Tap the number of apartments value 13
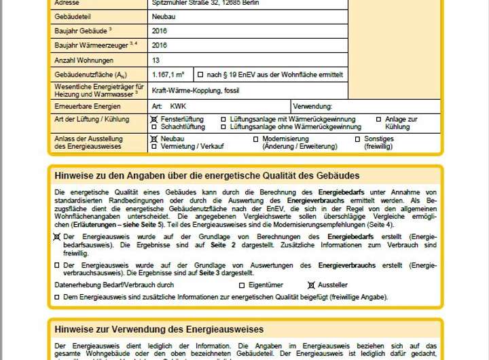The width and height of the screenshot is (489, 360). click(x=158, y=59)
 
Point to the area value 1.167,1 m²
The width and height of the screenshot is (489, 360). click(x=169, y=74)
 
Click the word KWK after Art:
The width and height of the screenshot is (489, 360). click(x=178, y=107)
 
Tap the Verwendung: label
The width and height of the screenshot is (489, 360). click(x=312, y=107)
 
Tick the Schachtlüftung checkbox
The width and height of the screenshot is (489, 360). click(x=153, y=127)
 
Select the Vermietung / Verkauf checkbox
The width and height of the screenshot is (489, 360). click(x=153, y=146)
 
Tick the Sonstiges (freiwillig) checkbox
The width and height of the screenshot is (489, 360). click(x=357, y=139)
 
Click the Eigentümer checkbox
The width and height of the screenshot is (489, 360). click(x=241, y=285)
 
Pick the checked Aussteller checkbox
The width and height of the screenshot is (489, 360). click(x=312, y=285)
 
